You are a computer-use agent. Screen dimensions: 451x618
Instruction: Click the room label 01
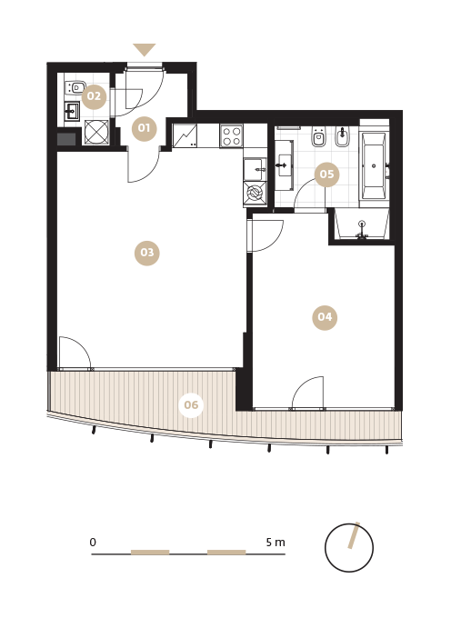click(x=144, y=128)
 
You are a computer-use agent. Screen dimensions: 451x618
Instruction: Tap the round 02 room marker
click(x=95, y=96)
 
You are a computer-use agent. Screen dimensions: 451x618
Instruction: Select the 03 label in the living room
click(x=147, y=253)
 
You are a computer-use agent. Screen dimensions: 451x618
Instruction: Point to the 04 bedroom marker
click(x=325, y=317)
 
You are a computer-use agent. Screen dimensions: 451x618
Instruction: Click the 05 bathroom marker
click(x=326, y=174)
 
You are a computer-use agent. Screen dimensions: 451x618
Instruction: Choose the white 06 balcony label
click(x=191, y=404)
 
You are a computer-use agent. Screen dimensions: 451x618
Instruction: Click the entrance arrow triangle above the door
click(x=145, y=49)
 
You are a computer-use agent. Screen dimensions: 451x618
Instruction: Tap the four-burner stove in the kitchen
click(x=232, y=136)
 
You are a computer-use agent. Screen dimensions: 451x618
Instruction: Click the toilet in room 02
click(x=75, y=87)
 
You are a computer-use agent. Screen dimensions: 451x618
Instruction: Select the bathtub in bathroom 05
click(x=374, y=166)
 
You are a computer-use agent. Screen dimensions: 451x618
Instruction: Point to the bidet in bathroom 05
click(x=342, y=136)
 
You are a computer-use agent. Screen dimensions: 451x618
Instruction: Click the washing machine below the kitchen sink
click(x=255, y=193)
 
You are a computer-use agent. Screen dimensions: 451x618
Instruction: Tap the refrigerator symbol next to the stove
click(x=185, y=135)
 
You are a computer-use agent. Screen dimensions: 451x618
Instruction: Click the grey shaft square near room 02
click(x=66, y=139)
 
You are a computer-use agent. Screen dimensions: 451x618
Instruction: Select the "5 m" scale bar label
click(x=276, y=543)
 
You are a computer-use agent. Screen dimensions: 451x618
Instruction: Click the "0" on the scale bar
click(x=93, y=543)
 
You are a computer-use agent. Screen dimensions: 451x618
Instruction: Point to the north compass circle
click(x=349, y=548)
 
